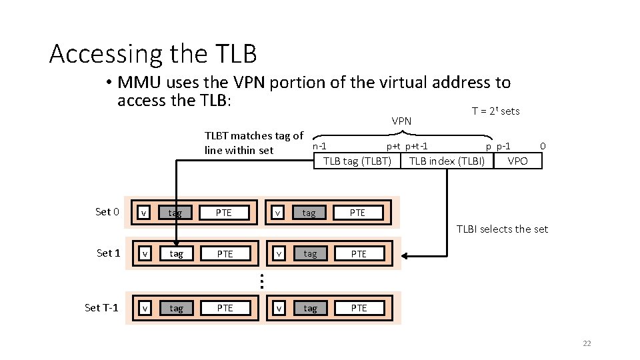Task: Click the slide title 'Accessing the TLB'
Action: (153, 53)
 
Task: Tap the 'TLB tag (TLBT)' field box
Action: (357, 161)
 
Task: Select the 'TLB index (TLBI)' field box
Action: (447, 161)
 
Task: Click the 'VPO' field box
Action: (517, 161)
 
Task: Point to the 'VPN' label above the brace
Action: (401, 121)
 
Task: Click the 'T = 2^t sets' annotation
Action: (495, 111)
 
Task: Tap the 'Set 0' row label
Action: (107, 212)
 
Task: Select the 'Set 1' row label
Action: (108, 253)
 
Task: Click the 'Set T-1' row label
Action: (101, 307)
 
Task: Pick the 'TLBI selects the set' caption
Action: (502, 229)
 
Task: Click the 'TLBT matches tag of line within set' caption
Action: (253, 143)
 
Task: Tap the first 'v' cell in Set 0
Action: (144, 213)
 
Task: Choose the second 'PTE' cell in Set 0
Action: (358, 213)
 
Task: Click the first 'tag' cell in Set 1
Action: (176, 254)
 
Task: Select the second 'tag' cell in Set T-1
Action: (310, 308)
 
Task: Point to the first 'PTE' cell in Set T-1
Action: (225, 308)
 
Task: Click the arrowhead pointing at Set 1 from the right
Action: (407, 255)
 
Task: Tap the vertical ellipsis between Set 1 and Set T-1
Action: (262, 282)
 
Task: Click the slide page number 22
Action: (587, 343)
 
